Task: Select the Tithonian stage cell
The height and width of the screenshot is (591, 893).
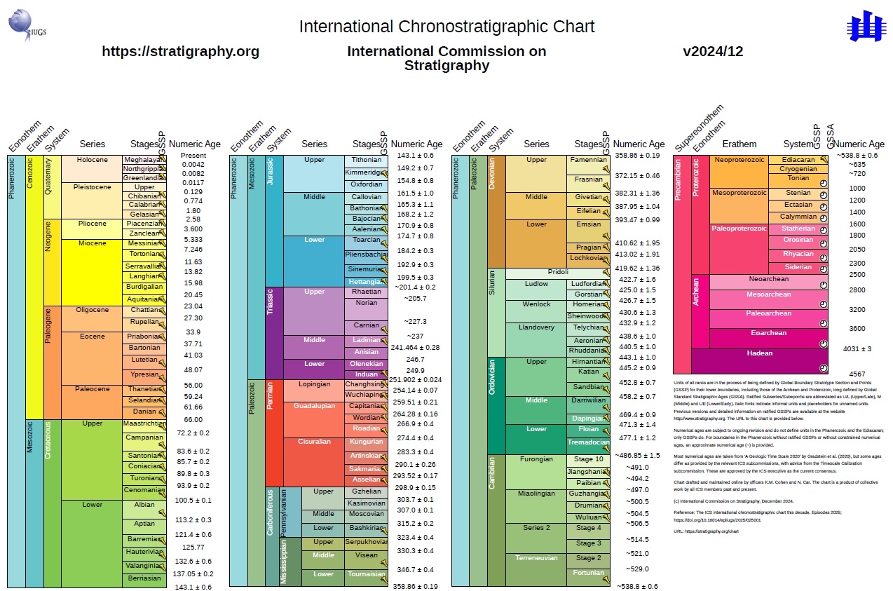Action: pyautogui.click(x=366, y=161)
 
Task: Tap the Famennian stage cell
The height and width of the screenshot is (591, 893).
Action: pyautogui.click(x=587, y=161)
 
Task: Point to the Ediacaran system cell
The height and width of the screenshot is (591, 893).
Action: pyautogui.click(x=798, y=160)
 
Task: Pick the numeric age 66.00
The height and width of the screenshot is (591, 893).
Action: pyautogui.click(x=193, y=419)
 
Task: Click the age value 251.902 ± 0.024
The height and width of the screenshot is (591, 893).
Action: pyautogui.click(x=416, y=379)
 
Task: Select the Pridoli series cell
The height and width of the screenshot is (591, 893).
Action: pyautogui.click(x=558, y=273)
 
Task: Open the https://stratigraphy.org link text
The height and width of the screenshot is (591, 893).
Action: pyautogui.click(x=180, y=51)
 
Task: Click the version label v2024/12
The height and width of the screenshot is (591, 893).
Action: pyautogui.click(x=713, y=51)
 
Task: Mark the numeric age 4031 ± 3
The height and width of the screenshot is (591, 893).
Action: pyautogui.click(x=857, y=348)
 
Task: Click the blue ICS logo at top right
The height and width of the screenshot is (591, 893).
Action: pyautogui.click(x=866, y=25)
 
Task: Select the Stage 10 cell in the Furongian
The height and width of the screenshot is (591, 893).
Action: pyautogui.click(x=587, y=460)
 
